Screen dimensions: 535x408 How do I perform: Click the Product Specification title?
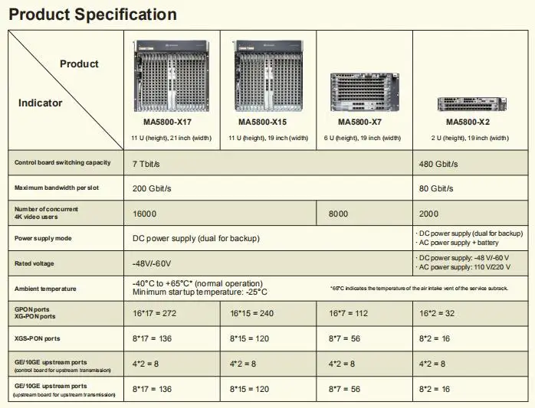(x=92, y=15)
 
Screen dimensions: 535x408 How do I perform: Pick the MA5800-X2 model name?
(x=468, y=122)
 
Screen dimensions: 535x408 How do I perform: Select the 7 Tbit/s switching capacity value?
(x=146, y=163)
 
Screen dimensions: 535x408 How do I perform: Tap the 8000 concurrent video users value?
(x=340, y=214)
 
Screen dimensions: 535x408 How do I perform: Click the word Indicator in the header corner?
(x=41, y=103)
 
